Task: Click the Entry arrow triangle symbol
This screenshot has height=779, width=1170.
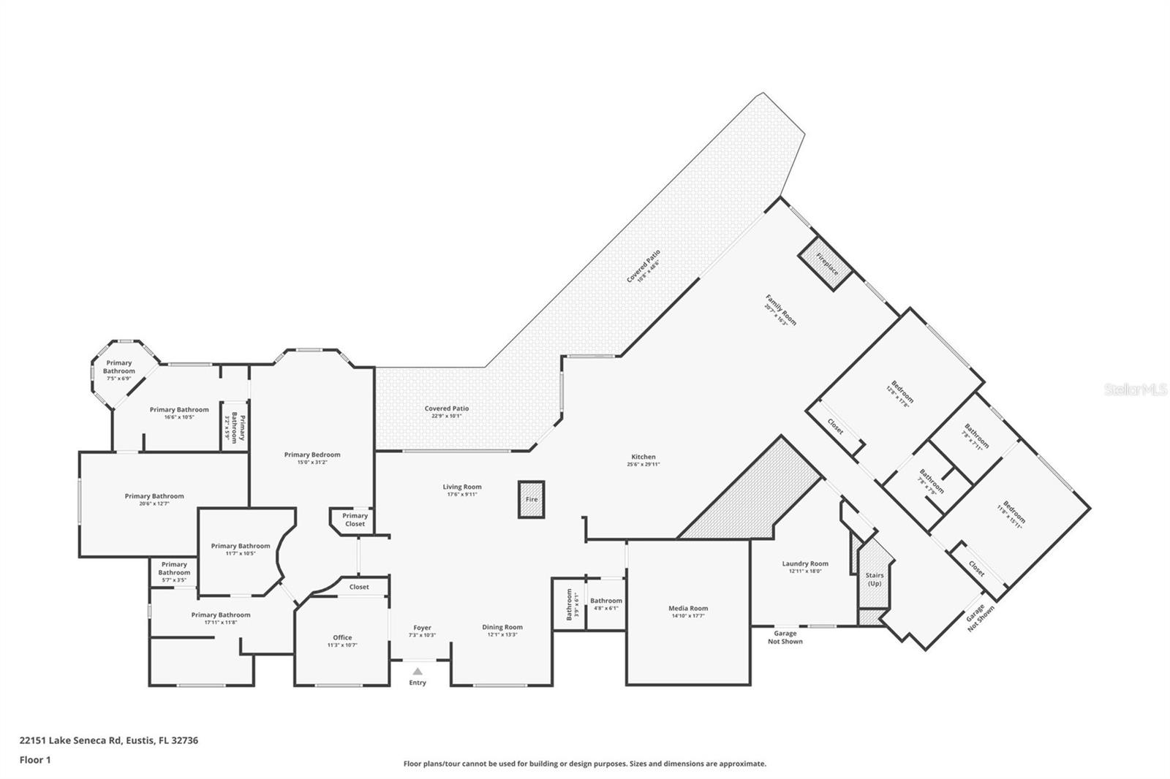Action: [x=417, y=671]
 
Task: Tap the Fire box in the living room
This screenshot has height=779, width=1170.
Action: [x=532, y=499]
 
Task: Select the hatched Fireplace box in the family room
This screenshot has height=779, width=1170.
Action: [x=825, y=264]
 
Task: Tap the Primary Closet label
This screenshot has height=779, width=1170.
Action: [x=355, y=520]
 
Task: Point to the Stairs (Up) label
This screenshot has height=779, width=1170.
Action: [x=875, y=579]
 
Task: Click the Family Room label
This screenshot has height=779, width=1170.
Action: [x=781, y=310]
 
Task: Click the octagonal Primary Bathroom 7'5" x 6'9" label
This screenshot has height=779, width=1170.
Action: [x=118, y=367]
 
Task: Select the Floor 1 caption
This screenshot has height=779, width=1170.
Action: [x=35, y=760]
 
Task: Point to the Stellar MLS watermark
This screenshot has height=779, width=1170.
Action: [x=1136, y=390]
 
